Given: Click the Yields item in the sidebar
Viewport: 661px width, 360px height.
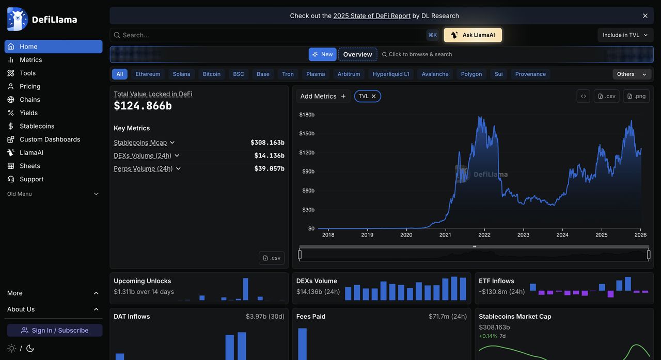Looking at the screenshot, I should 28,113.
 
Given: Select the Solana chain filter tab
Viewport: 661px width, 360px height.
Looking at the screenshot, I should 181,74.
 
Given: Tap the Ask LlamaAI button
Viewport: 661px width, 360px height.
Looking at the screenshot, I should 473,35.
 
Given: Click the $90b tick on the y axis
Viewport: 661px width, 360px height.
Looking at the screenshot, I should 308,171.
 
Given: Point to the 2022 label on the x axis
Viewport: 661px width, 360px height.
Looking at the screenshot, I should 484,235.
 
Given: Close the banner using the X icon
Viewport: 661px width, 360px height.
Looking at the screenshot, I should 645,16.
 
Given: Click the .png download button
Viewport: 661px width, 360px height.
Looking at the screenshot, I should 636,96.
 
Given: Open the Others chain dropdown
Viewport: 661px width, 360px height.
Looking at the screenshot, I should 632,74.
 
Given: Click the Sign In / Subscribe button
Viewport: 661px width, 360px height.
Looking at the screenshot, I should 55,331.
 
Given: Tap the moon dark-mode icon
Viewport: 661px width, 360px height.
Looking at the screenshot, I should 30,348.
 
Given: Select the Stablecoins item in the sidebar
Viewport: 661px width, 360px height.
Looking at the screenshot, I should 37,126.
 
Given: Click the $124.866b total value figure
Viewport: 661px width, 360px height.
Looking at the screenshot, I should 143,106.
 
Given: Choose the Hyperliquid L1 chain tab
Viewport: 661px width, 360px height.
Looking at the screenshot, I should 391,74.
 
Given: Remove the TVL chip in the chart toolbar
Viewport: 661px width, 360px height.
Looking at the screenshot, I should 374,96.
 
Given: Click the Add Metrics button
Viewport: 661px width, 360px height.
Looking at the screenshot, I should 323,96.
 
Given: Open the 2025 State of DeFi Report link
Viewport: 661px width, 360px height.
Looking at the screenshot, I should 372,16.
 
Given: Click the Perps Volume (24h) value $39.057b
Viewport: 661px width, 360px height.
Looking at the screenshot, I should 269,168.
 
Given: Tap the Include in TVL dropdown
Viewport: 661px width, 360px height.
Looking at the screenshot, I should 625,35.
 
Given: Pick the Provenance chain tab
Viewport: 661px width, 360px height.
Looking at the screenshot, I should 530,74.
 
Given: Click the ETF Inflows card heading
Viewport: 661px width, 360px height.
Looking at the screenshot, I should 496,281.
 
